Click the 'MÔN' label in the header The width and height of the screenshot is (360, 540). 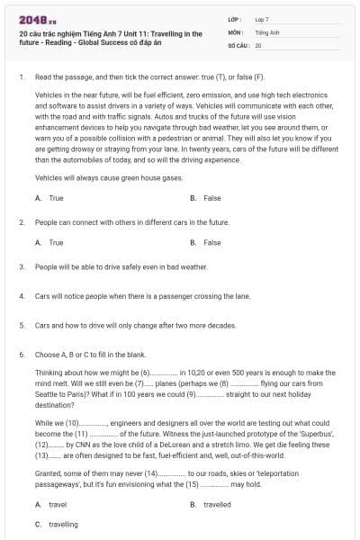tap(235, 31)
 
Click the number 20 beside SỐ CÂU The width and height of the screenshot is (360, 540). tap(258, 44)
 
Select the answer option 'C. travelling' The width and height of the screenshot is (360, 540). tap(57, 524)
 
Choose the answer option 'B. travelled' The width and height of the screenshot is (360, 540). tap(211, 505)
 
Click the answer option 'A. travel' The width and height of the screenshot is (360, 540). tap(50, 505)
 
